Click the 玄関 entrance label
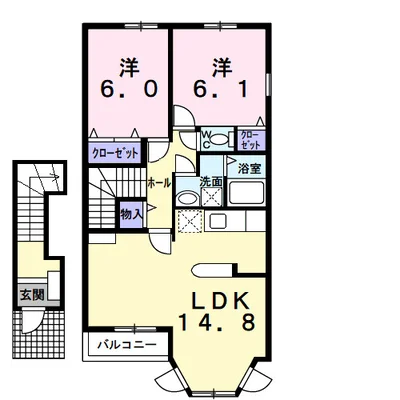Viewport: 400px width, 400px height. pos(32,294)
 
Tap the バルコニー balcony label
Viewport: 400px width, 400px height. pos(127,344)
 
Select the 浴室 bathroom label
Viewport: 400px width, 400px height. pos(249,169)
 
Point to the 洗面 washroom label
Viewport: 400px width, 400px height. pos(211,182)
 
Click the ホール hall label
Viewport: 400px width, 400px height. pos(159,183)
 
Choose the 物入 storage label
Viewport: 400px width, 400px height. pos(132,215)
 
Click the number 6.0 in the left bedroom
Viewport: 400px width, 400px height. pos(128,90)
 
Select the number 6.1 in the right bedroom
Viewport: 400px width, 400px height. pos(220,90)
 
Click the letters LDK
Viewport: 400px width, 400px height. pos(220,300)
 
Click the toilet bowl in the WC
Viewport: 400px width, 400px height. pos(219,139)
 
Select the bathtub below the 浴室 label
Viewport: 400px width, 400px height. pos(246,193)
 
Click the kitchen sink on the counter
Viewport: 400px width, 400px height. pos(217,220)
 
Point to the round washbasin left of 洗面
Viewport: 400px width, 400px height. pos(188,198)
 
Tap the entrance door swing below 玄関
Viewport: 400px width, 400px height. pos(32,321)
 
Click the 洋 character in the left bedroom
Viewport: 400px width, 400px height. pos(129,68)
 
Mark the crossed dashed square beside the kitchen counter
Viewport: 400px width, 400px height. pos(190,221)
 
